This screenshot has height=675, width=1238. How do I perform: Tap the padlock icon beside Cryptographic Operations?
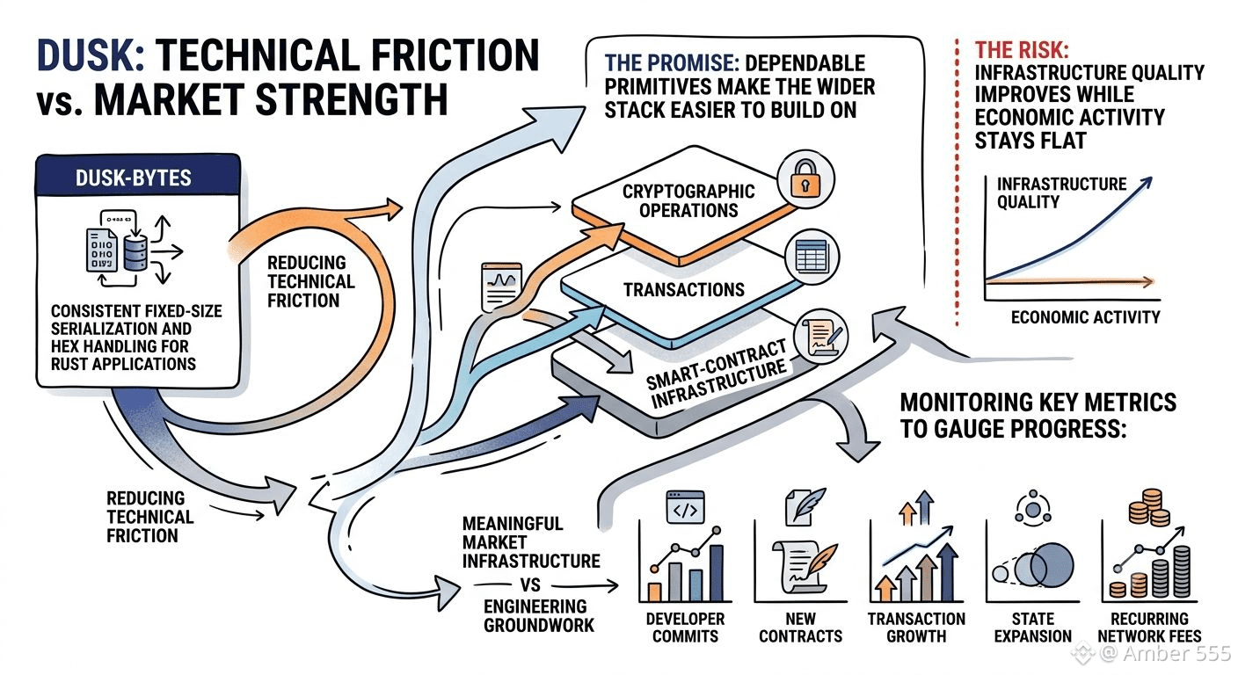click(805, 180)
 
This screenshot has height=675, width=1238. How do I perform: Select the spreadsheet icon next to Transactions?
click(812, 257)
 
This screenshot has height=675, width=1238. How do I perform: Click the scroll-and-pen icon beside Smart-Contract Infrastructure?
click(820, 337)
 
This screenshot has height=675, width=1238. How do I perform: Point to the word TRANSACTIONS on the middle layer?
click(684, 289)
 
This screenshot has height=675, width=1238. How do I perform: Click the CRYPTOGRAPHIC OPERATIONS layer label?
click(688, 201)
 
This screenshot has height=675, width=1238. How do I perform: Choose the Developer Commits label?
click(685, 628)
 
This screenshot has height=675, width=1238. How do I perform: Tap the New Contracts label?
click(800, 628)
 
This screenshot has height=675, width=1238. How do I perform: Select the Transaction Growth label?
click(916, 628)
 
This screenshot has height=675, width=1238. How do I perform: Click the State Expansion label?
click(1032, 628)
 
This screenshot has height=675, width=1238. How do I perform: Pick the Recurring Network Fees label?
click(1149, 628)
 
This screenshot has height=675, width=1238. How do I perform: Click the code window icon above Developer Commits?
click(685, 506)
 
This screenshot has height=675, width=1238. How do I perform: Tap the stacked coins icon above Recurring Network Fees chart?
click(1149, 507)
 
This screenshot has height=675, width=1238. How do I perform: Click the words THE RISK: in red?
click(1022, 50)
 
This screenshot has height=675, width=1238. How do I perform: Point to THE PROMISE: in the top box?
click(672, 63)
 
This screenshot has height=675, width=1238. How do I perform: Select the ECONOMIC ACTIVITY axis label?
click(1086, 317)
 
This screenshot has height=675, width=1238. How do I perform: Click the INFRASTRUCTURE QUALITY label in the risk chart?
click(1061, 192)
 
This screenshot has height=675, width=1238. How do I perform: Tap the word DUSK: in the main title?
click(91, 55)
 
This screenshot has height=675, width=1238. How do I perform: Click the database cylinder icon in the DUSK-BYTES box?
click(136, 252)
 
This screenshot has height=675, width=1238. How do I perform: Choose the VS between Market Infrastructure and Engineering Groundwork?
click(530, 584)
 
